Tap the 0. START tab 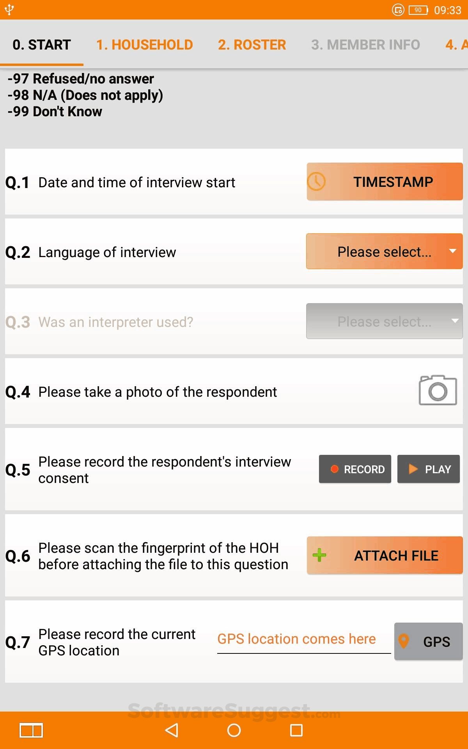coord(42,45)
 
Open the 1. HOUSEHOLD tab coord(145,45)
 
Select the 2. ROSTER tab coord(252,45)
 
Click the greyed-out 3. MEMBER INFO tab coord(365,45)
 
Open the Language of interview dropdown coord(385,252)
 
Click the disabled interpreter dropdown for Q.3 coord(385,321)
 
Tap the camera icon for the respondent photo coord(438,390)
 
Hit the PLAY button coord(429,469)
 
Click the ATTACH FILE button coord(385,555)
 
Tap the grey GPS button coord(429,641)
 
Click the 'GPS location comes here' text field coord(304,640)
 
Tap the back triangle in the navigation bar coord(172,730)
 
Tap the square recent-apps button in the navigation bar coord(296,730)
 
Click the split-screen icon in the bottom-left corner coord(31,730)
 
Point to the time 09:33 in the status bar coord(448,10)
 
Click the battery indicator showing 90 coord(418,10)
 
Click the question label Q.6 coord(18,556)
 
